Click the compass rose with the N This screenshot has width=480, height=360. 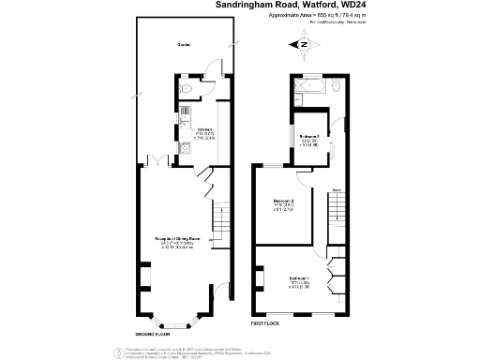click(x=304, y=43)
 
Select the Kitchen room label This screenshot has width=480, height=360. click(x=204, y=130)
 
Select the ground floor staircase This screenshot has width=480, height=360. click(x=220, y=222)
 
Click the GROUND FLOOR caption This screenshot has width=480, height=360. click(x=152, y=333)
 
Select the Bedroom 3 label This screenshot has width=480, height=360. click(x=310, y=137)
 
